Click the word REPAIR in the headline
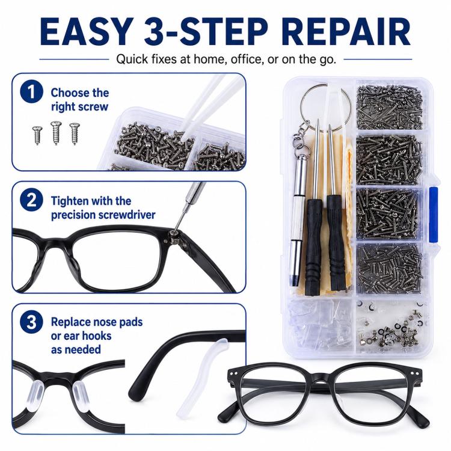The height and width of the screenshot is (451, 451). [348, 32]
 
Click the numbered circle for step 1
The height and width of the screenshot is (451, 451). [32, 92]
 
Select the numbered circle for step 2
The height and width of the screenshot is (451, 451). [32, 200]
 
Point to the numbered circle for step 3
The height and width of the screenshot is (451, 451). [32, 322]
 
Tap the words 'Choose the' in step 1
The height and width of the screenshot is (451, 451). [80, 93]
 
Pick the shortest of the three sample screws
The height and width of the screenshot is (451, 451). [37, 135]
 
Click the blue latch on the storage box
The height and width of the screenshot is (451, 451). [433, 214]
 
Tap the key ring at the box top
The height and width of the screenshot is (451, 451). [325, 103]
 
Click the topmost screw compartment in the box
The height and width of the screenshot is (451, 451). [390, 106]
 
